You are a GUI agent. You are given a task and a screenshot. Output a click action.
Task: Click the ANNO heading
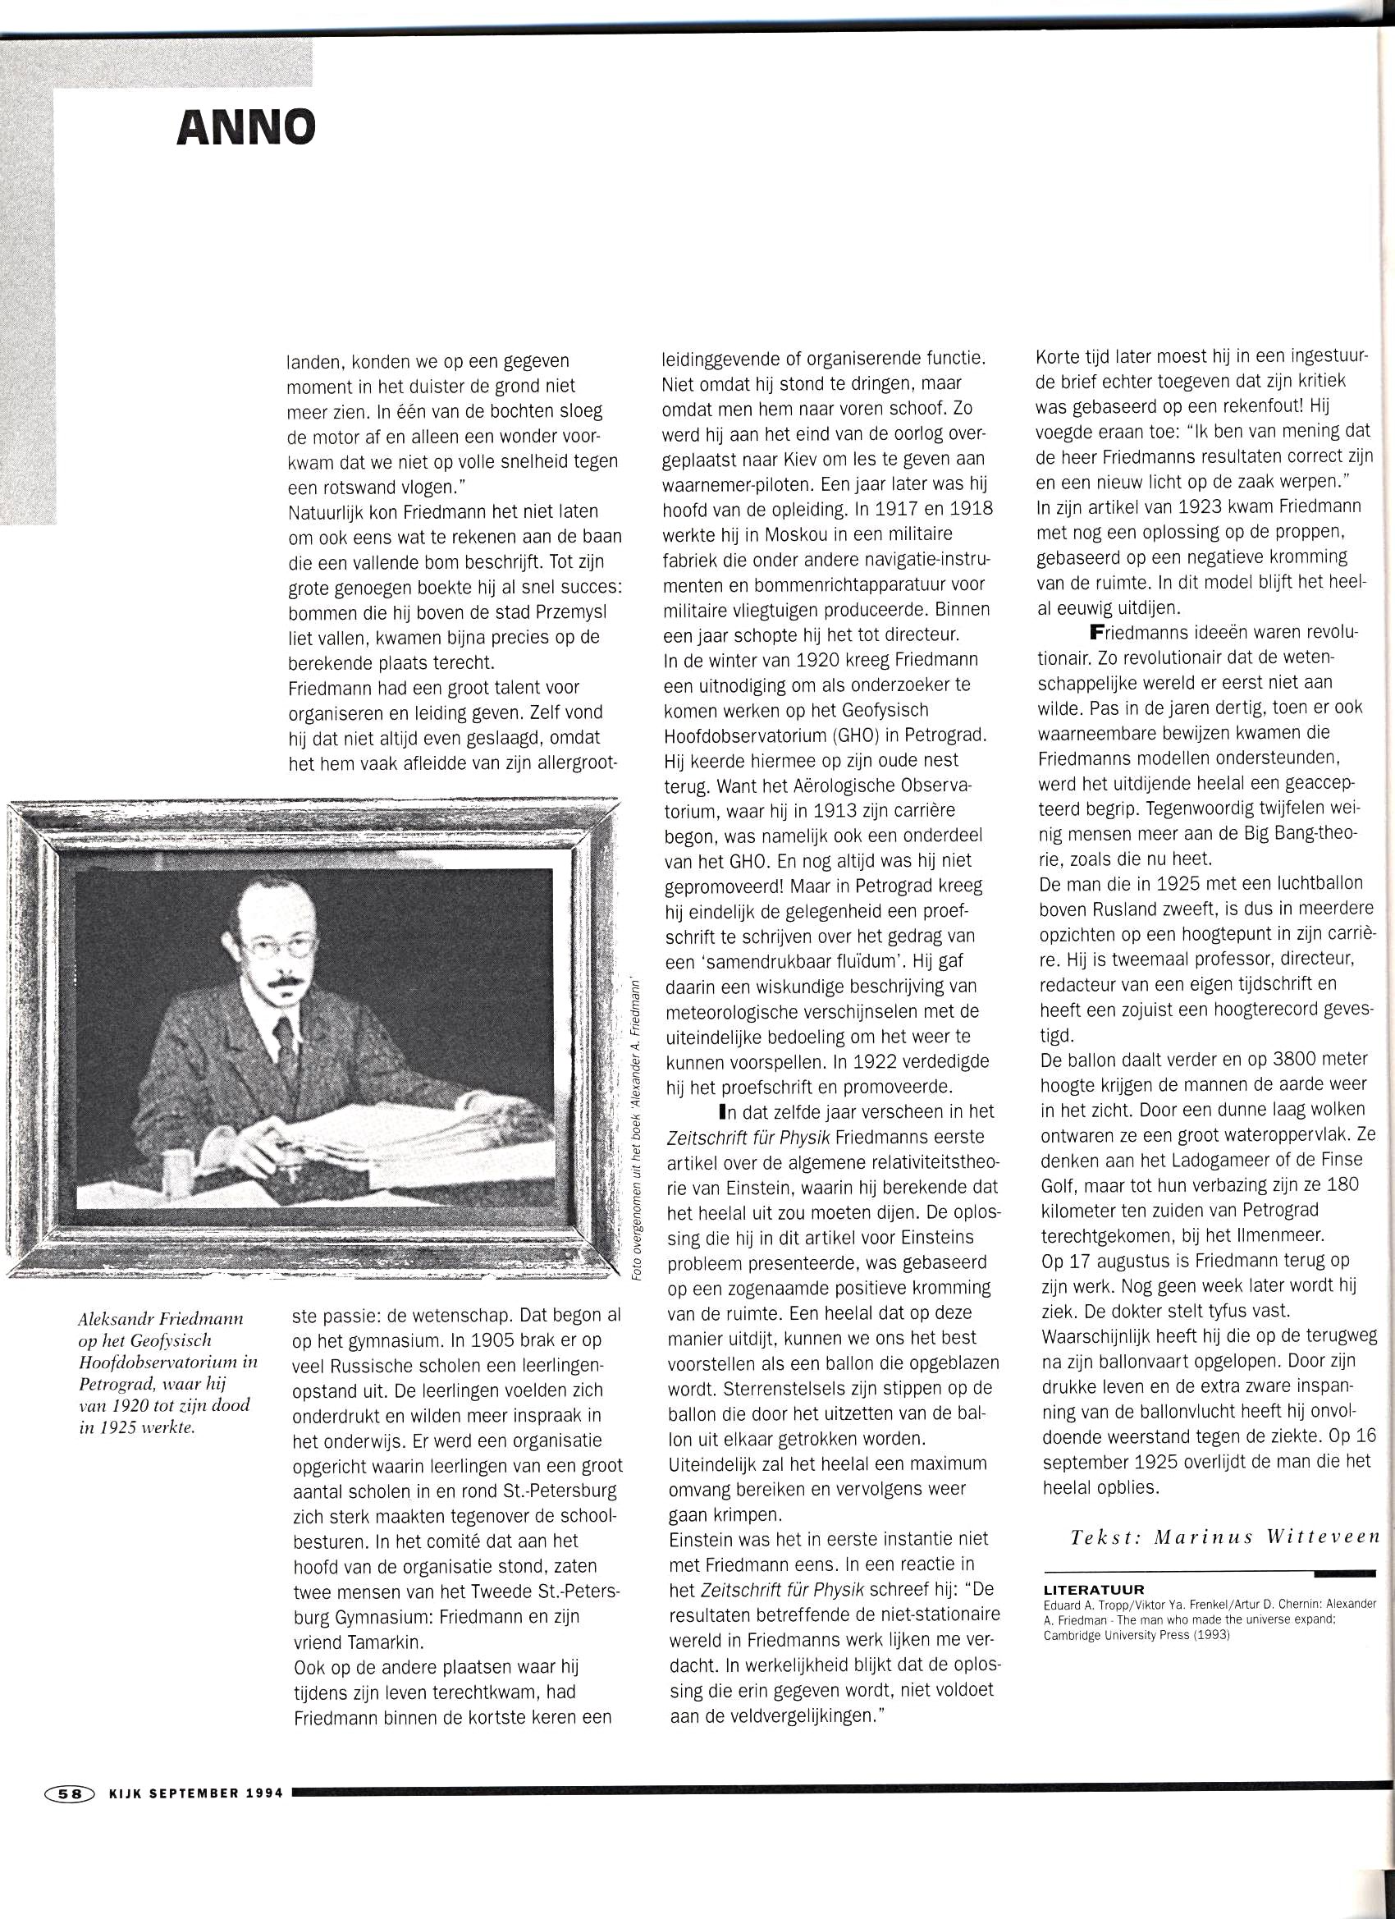(245, 128)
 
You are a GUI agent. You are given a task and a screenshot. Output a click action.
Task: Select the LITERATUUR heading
(1093, 1590)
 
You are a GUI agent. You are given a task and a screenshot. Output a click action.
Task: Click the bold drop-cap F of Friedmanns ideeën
(1097, 632)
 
